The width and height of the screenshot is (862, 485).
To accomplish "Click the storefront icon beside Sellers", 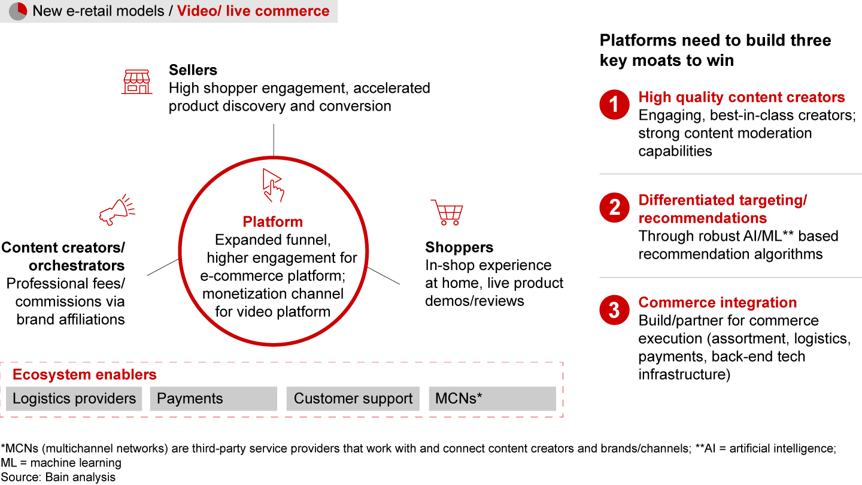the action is pyautogui.click(x=137, y=81).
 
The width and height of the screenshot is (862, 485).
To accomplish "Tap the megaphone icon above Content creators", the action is pyautogui.click(x=117, y=210).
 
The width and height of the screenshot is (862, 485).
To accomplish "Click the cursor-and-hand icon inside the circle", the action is pyautogui.click(x=273, y=185).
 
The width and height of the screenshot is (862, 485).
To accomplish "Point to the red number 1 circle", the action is pyautogui.click(x=615, y=104).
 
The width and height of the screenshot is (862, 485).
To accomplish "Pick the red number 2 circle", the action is pyautogui.click(x=615, y=207).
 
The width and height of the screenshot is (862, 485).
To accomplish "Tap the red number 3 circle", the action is pyautogui.click(x=615, y=310).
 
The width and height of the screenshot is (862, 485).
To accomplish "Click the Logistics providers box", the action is pyautogui.click(x=74, y=398).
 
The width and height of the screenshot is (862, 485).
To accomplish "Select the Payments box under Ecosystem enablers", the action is pyautogui.click(x=214, y=398).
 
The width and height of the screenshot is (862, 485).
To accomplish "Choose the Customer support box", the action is pyautogui.click(x=353, y=398).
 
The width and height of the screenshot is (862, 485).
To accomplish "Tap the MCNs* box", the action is pyautogui.click(x=493, y=398).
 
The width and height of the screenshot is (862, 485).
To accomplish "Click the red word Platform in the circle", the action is pyautogui.click(x=273, y=222).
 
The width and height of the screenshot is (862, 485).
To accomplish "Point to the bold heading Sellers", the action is pyautogui.click(x=193, y=70).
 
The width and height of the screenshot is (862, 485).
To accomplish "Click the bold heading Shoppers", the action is pyautogui.click(x=459, y=247).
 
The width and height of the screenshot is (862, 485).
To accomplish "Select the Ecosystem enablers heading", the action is pyautogui.click(x=84, y=375).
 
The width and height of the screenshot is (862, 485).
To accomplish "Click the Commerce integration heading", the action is pyautogui.click(x=717, y=302).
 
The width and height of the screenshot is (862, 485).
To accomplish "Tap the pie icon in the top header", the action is pyautogui.click(x=18, y=11).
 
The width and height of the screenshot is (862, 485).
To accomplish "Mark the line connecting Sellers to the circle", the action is pyautogui.click(x=274, y=140).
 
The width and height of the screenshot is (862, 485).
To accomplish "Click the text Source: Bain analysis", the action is pyautogui.click(x=58, y=477).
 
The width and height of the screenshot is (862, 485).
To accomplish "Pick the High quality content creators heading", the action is pyautogui.click(x=742, y=98).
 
